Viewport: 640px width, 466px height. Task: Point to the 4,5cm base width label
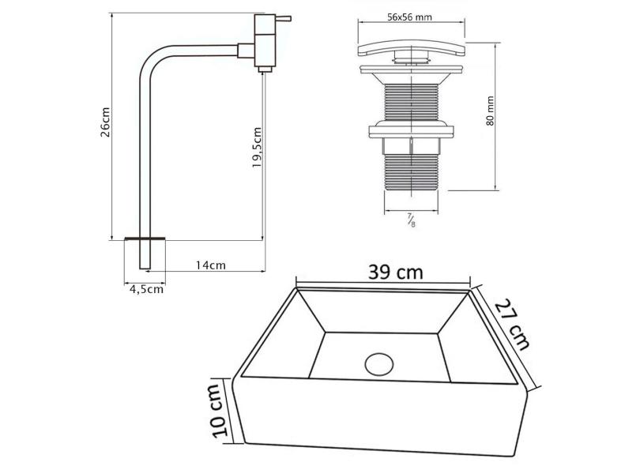click(146, 289)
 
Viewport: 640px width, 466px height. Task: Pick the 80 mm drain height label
click(490, 111)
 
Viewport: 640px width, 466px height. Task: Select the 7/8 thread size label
click(412, 220)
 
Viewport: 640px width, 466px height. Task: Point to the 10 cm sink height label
click(220, 410)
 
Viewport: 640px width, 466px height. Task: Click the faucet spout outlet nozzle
click(265, 69)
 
